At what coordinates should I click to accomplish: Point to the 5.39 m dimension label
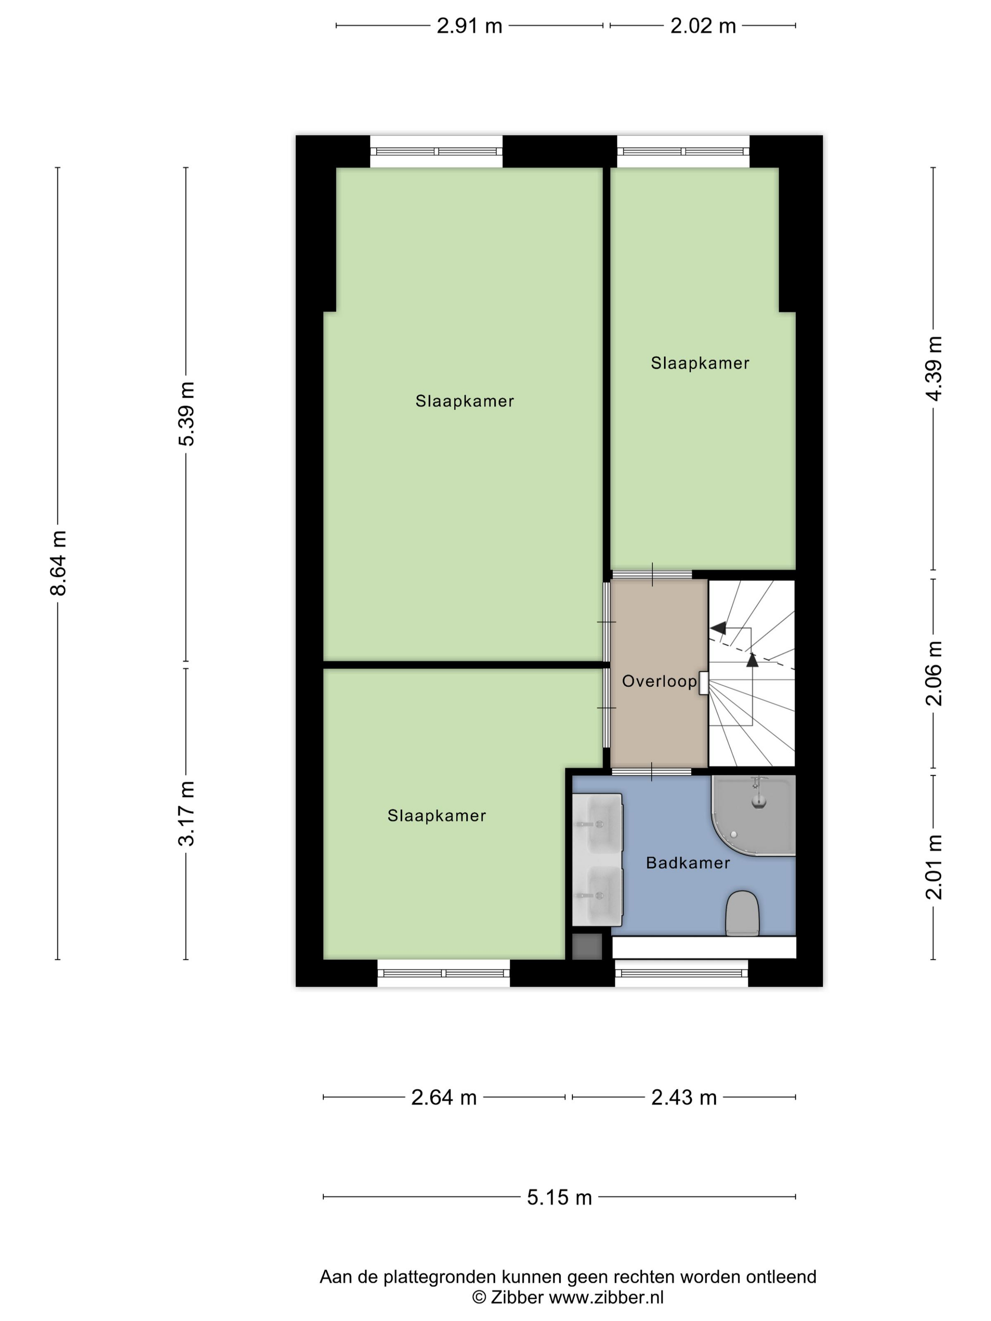187,414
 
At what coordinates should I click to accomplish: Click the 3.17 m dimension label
187,813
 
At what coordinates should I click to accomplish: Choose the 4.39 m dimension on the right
933,368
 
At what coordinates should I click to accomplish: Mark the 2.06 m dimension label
933,673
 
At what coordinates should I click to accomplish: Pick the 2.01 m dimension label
933,867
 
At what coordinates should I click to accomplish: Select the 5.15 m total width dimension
559,1197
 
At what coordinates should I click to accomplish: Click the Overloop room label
659,681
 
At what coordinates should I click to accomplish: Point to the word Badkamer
688,863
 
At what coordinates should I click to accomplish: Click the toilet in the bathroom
742,914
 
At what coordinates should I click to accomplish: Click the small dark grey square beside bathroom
587,946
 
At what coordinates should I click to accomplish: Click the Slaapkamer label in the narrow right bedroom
699,363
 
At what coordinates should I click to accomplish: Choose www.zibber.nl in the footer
606,1296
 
